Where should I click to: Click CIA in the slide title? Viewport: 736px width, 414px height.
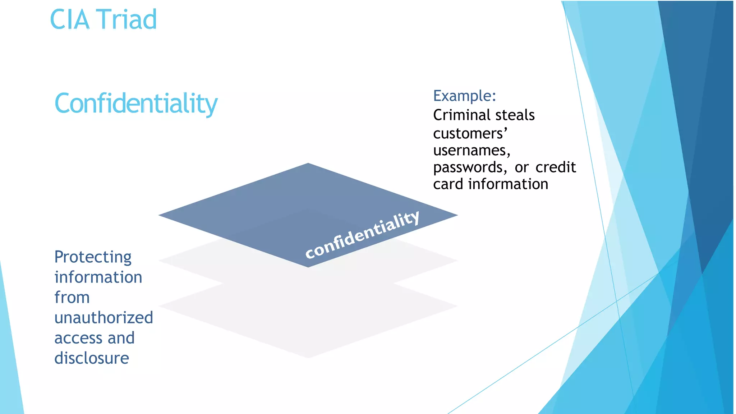69,19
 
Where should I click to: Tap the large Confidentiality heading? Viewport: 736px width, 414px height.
136,104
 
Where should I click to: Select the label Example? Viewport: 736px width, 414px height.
464,96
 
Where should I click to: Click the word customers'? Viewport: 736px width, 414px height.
470,134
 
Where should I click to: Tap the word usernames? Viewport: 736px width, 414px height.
471,151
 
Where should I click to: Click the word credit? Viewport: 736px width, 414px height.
556,167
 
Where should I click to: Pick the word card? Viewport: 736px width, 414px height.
448,184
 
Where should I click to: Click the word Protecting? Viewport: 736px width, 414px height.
93,257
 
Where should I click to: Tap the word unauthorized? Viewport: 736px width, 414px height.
103,318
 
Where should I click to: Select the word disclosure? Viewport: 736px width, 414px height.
92,358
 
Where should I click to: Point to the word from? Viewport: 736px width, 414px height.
72,298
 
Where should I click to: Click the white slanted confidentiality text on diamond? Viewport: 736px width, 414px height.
362,235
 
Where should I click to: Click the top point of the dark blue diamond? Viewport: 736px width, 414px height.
308,164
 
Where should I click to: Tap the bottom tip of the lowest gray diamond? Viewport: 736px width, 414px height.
308,357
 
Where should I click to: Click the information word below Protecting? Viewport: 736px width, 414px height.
98,277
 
